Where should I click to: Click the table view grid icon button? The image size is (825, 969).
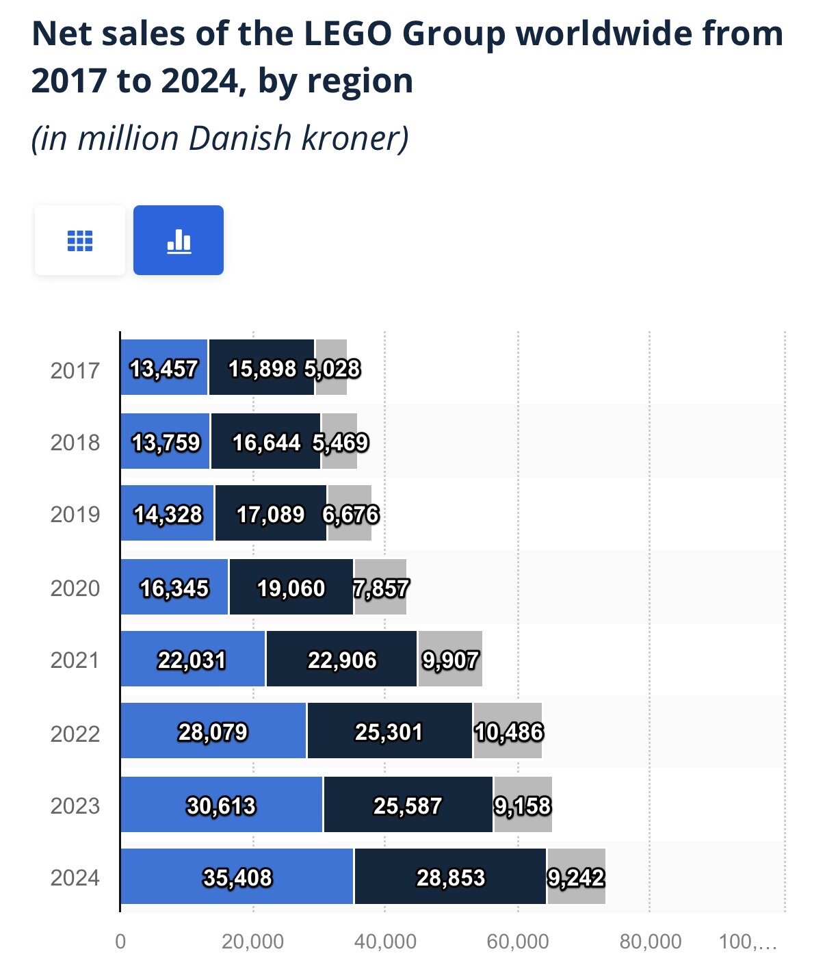80,240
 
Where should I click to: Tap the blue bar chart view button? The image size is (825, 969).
179,240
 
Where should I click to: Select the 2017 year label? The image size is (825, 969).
75,370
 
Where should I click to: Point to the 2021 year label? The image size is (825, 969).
75,660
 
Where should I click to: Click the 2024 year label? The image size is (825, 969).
75,877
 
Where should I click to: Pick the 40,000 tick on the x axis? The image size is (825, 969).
385,942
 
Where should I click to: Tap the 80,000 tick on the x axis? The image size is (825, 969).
650,942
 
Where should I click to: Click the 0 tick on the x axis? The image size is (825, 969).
120,942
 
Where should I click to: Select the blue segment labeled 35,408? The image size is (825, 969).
237,877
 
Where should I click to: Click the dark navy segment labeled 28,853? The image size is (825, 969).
450,877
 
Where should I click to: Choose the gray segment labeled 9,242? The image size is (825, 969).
576,877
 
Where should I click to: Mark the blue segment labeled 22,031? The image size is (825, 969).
192,660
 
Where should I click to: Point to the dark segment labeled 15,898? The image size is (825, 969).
261,369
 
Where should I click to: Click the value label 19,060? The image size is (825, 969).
291,588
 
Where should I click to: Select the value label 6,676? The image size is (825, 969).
351,514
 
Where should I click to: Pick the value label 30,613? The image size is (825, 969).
221,805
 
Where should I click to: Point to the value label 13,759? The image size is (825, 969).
166,442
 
